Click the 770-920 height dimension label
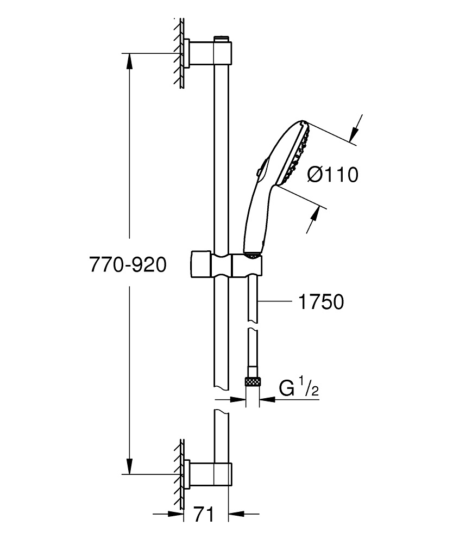tap(127, 265)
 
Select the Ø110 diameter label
tap(332, 175)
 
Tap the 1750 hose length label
tap(321, 301)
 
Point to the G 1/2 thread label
tap(297, 388)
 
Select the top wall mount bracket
tap(209, 52)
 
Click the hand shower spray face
tap(296, 153)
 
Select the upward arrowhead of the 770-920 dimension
tap(129, 60)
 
